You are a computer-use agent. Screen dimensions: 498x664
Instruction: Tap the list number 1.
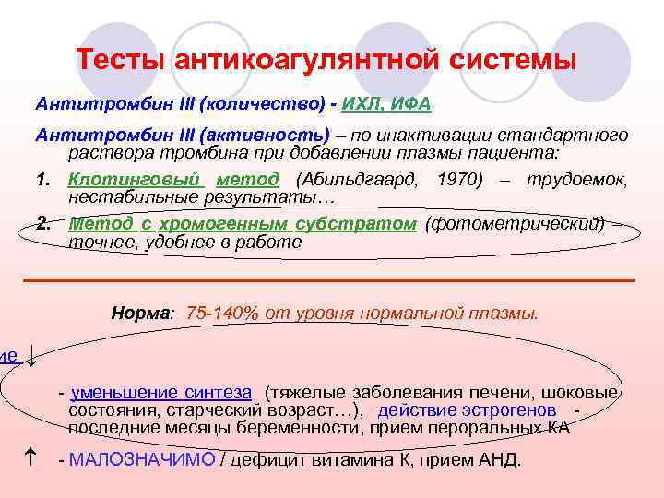tap(42, 181)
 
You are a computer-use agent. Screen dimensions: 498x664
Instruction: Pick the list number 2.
tap(42, 225)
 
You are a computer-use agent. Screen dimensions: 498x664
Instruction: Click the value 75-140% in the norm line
tap(221, 313)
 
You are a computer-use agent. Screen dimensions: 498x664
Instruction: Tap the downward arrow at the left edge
tap(31, 356)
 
